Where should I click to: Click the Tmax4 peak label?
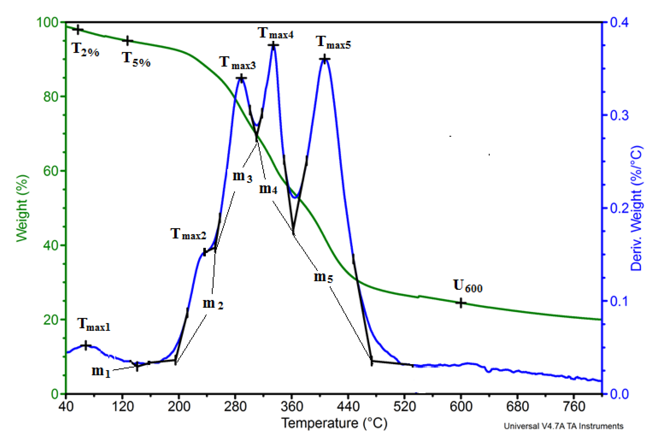pyautogui.click(x=276, y=33)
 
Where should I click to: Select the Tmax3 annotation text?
pyautogui.click(x=237, y=63)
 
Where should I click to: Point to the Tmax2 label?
pyautogui.click(x=188, y=234)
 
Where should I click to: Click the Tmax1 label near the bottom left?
pyautogui.click(x=93, y=324)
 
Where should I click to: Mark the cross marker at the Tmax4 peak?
pyautogui.click(x=273, y=45)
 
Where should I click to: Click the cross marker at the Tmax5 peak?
pyautogui.click(x=325, y=59)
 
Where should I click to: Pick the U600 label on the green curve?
pyautogui.click(x=468, y=286)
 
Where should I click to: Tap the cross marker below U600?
pyautogui.click(x=461, y=303)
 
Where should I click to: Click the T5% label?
pyautogui.click(x=136, y=59)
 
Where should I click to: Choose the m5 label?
pyautogui.click(x=323, y=277)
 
